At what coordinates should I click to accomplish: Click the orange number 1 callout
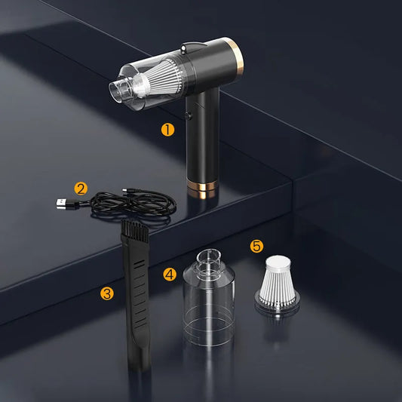pyautogui.click(x=167, y=129)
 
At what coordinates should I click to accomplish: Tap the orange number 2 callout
pyautogui.click(x=81, y=189)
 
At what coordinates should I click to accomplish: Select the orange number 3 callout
pyautogui.click(x=107, y=293)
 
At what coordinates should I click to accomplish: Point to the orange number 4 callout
pyautogui.click(x=170, y=274)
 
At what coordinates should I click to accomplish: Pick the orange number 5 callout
pyautogui.click(x=256, y=246)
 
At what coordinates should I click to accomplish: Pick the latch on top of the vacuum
pyautogui.click(x=192, y=47)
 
